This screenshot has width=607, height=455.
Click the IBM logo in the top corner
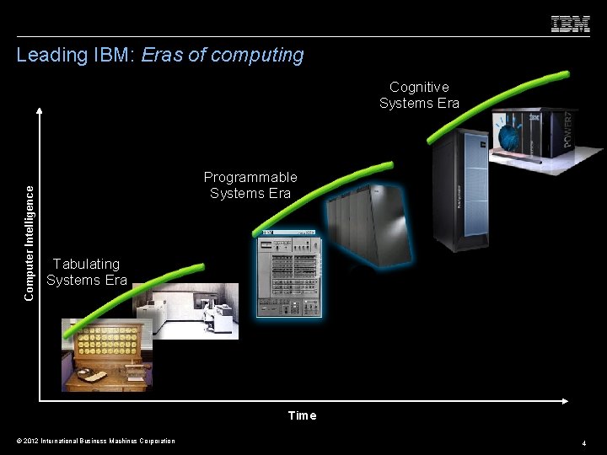click(570, 24)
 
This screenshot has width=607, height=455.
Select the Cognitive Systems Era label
click(419, 95)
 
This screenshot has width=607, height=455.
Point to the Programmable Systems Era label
click(250, 185)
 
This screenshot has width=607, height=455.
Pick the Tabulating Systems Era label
click(87, 272)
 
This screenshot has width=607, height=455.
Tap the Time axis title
click(302, 415)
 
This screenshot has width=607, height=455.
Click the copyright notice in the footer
click(96, 441)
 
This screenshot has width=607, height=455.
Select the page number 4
click(583, 442)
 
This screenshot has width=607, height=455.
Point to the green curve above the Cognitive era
click(497, 97)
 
